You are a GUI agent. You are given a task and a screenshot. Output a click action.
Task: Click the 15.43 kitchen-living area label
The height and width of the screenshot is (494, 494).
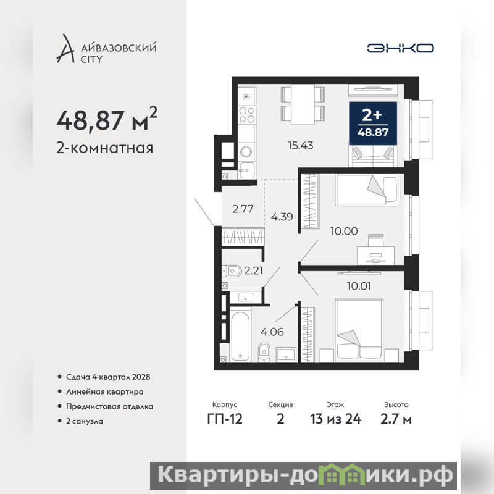[x=301, y=145]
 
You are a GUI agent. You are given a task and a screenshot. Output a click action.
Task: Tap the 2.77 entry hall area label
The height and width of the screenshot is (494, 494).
[x=243, y=209]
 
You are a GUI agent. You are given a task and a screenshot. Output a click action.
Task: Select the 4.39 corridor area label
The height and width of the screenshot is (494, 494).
[x=282, y=217]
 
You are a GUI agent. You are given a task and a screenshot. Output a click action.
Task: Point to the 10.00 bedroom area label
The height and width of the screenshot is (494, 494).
[x=344, y=231]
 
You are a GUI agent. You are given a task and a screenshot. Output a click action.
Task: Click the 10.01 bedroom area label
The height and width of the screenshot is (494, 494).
[x=359, y=286]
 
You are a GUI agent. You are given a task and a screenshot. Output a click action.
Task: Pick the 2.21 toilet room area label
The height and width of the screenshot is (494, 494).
[x=253, y=270]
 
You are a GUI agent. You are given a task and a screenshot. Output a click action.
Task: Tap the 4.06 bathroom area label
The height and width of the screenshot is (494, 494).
[x=272, y=332]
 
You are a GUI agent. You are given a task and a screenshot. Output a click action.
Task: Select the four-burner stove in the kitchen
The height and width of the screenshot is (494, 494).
[x=246, y=115]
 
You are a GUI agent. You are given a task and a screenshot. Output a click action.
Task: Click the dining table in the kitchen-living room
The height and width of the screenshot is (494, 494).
[x=303, y=104]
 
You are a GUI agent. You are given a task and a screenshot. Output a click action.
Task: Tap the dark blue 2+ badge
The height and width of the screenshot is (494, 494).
[x=373, y=123]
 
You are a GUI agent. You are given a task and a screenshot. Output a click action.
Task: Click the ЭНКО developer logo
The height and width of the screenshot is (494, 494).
[x=400, y=48]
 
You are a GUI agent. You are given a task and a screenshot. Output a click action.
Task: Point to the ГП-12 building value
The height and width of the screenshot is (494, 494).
[x=225, y=419]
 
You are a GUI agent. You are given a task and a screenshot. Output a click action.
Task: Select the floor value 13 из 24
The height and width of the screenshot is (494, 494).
[x=335, y=419]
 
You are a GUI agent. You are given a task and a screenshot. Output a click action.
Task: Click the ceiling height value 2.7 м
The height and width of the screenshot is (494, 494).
[x=396, y=419]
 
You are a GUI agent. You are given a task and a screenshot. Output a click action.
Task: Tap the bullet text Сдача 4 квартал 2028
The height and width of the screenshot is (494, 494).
[x=108, y=377]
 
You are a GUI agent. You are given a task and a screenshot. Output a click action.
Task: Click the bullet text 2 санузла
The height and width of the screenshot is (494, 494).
[x=85, y=421]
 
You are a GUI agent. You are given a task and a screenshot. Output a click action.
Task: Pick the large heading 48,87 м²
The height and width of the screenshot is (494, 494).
[x=106, y=119]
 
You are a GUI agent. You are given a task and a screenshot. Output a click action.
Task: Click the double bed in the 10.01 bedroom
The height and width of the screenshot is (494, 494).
[x=359, y=329]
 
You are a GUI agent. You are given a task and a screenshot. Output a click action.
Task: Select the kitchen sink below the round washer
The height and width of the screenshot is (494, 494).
[x=246, y=170]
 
